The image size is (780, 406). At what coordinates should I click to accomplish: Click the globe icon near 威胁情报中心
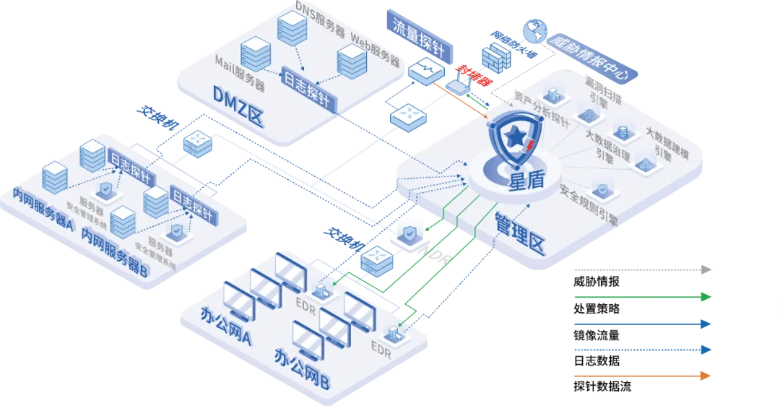point(535,30)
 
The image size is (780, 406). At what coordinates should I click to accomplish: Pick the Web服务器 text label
point(375,49)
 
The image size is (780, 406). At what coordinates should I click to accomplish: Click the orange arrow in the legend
point(643,375)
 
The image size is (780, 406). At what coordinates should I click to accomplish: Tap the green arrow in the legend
point(643,297)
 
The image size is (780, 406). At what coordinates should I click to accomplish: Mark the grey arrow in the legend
point(643,269)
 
